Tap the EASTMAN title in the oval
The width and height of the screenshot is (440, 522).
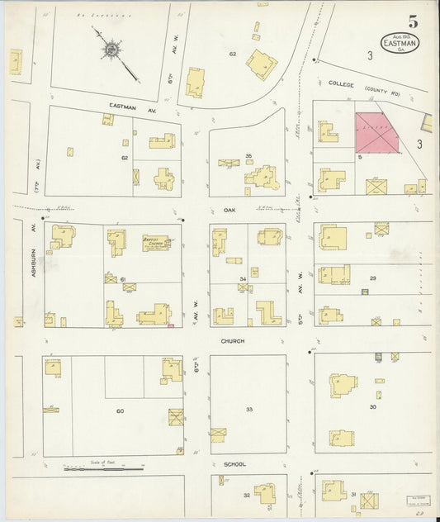click(400, 42)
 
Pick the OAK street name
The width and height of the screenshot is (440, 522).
click(229, 210)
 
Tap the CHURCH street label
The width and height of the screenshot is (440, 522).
click(233, 340)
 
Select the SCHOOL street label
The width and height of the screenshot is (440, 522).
click(235, 464)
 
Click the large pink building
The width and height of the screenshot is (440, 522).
click(376, 133)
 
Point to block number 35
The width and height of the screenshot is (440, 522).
click(248, 155)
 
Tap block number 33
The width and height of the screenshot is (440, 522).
click(248, 409)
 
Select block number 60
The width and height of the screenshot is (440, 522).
click(120, 410)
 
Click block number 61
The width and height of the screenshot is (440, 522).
click(123, 280)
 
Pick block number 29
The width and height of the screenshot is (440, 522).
click(372, 279)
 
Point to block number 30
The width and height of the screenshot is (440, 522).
click(372, 406)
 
